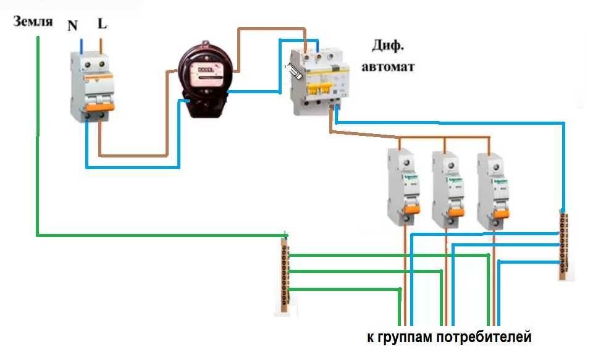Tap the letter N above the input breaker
tap(72, 26)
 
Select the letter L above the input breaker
tap(103, 25)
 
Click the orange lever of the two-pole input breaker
tap(99, 107)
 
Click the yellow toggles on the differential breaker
tap(322, 90)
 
